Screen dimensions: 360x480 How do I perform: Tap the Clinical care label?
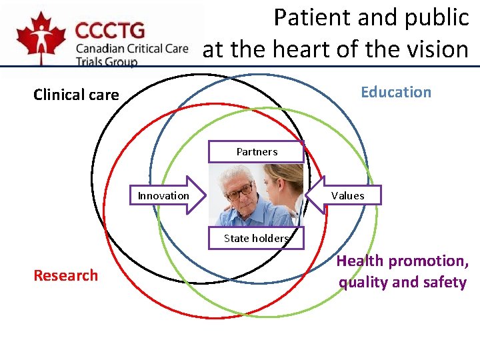(76, 95)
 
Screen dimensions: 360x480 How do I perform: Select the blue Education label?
(396, 92)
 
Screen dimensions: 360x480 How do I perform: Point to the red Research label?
(65, 275)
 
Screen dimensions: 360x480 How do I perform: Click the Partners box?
(257, 152)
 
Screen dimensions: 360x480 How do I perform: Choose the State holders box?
(256, 238)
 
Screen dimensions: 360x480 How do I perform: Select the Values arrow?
(345, 195)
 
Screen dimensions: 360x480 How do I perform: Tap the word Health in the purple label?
(359, 261)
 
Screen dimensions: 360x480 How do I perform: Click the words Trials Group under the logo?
(107, 61)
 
